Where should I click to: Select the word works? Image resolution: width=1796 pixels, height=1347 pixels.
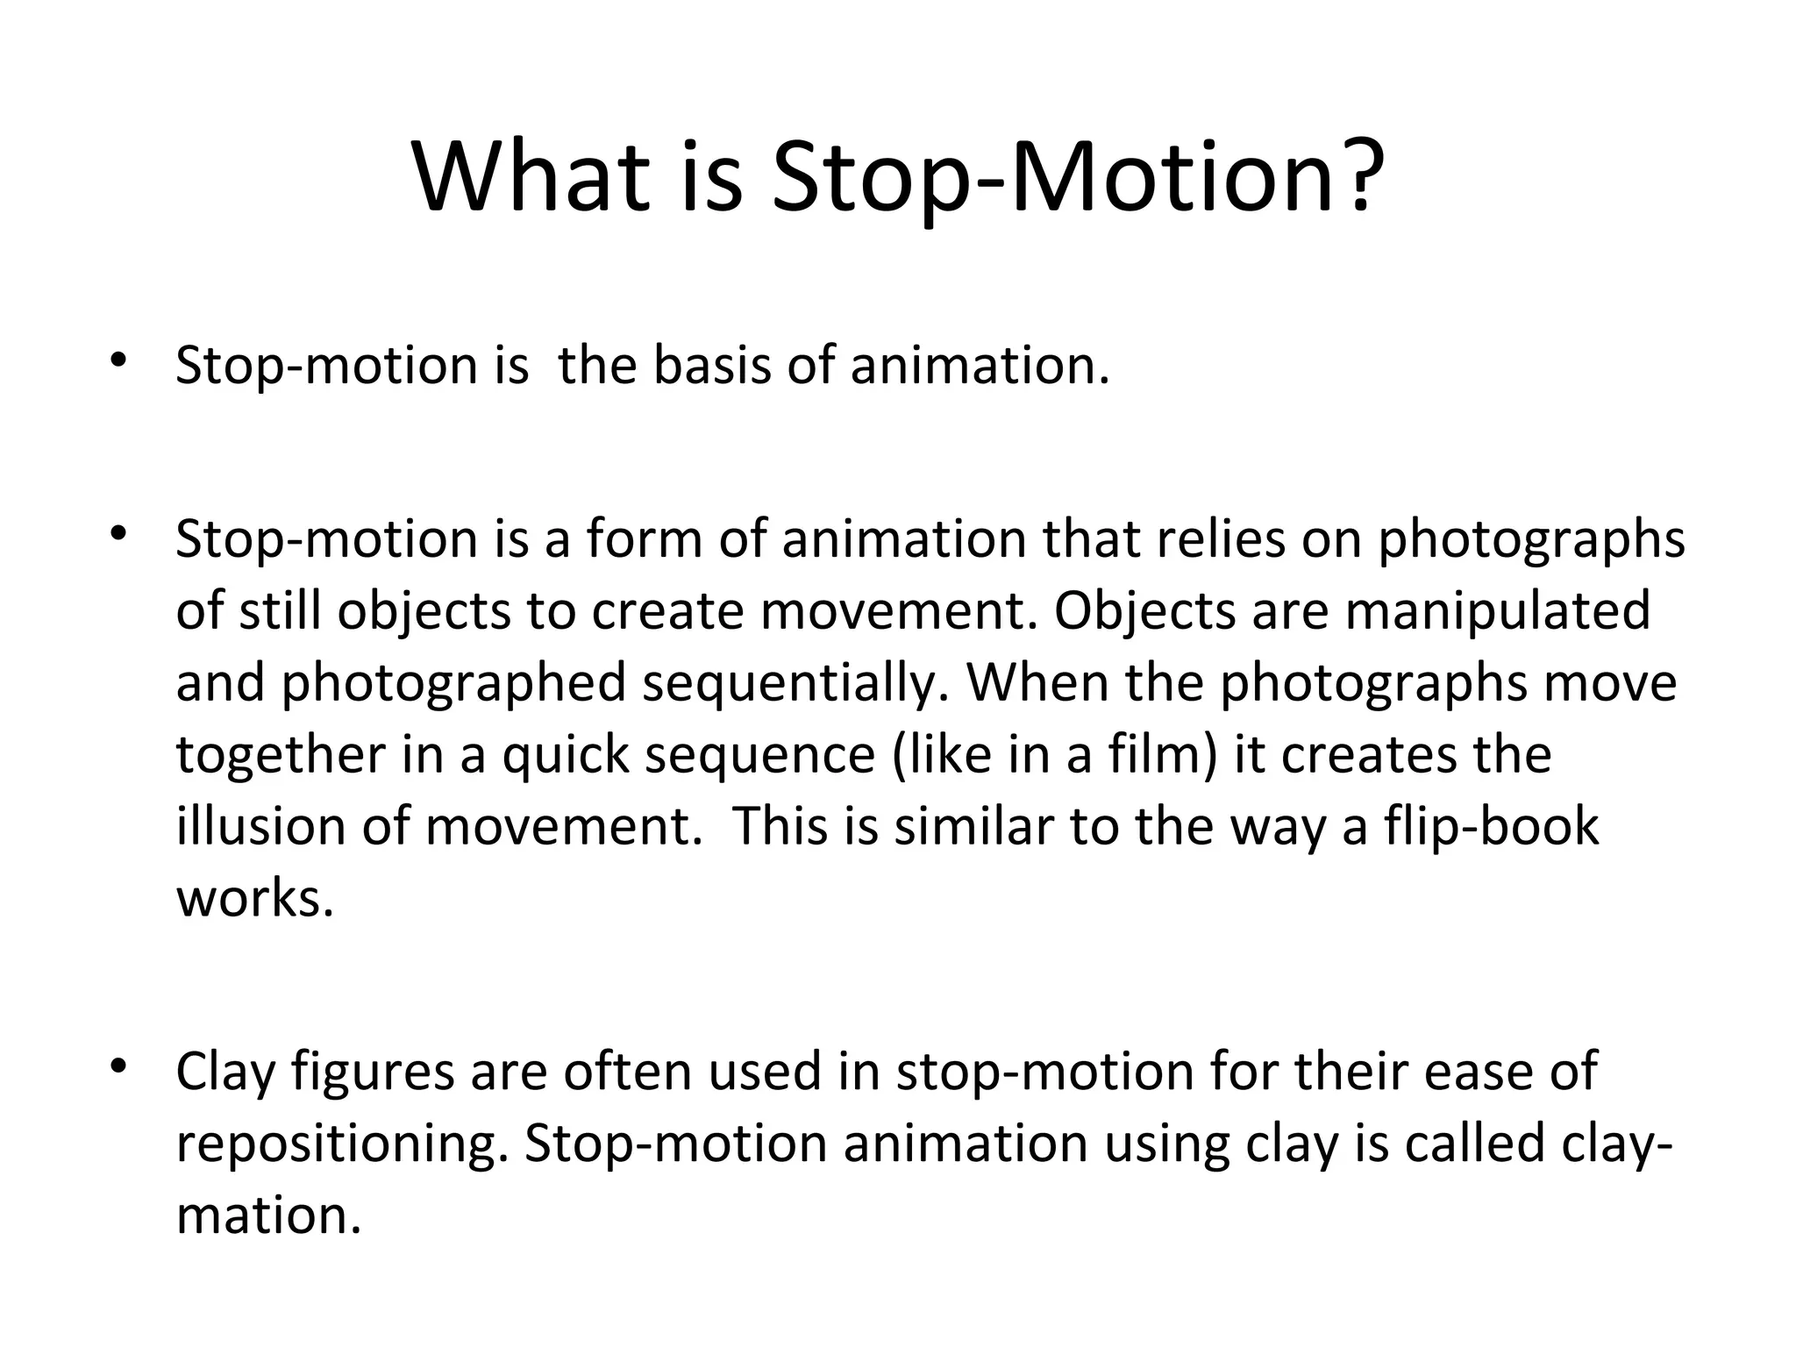(255, 898)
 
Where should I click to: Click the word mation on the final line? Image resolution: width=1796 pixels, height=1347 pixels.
(268, 1216)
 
